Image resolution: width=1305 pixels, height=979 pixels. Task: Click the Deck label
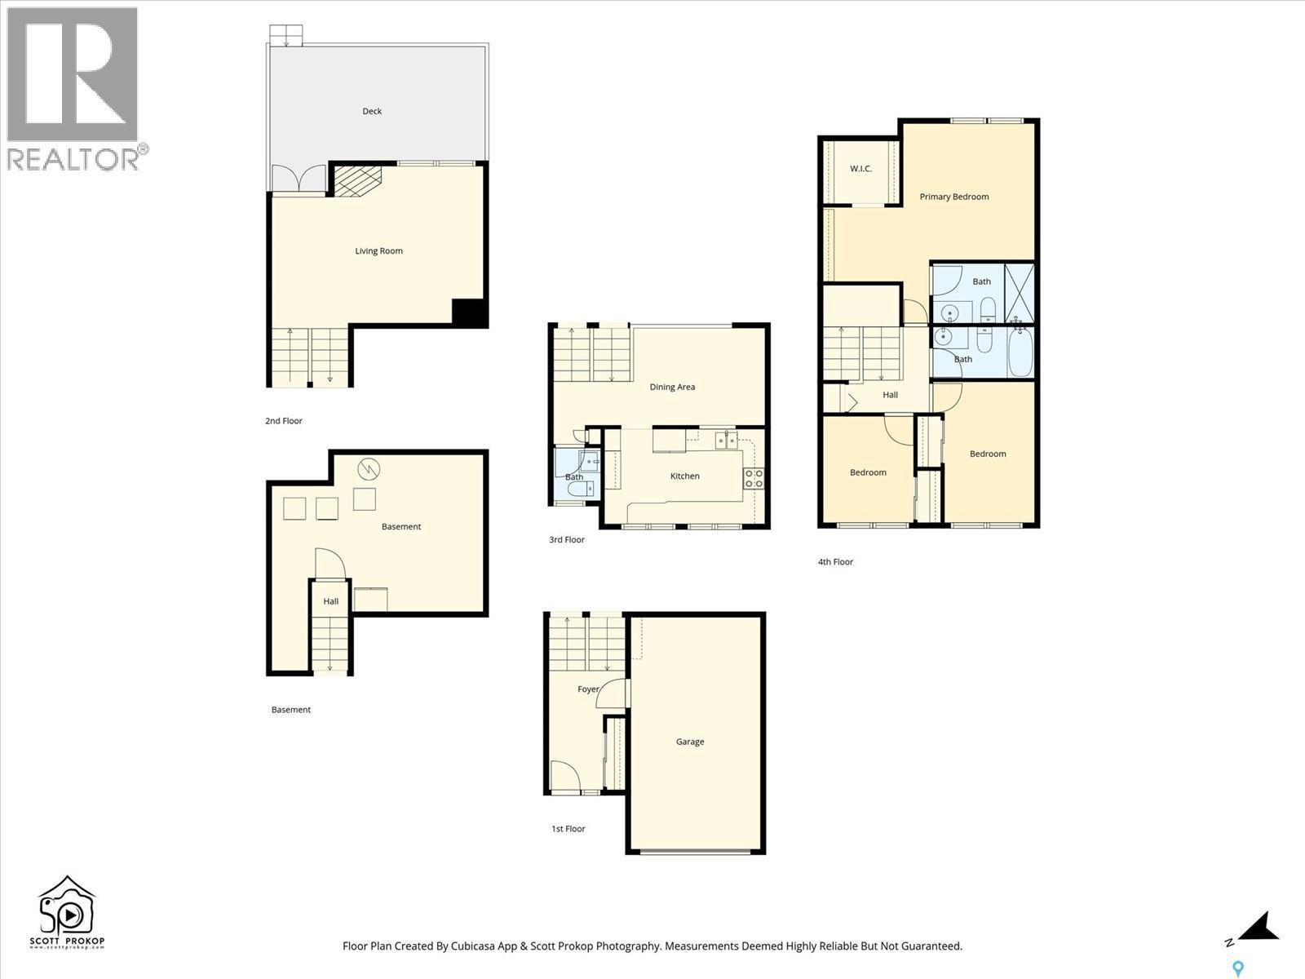pos(372,111)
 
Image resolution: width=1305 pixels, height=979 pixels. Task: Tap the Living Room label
pos(378,250)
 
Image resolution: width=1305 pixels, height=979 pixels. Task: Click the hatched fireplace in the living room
pos(357,180)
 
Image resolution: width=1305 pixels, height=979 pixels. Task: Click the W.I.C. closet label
pos(861,169)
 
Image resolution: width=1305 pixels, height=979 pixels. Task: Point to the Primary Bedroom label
pos(954,197)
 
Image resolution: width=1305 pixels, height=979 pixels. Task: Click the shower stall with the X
pos(1020,292)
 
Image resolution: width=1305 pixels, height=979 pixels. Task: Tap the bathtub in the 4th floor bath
pos(1020,353)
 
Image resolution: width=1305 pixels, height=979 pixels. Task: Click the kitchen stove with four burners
pos(754,478)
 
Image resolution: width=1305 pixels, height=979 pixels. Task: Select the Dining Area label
pos(672,387)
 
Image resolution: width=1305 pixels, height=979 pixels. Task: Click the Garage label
pos(690,742)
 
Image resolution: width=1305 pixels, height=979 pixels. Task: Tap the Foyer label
pos(588,689)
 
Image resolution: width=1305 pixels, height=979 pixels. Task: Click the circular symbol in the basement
pos(368,468)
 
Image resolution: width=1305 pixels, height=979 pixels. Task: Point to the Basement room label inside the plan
pos(401,526)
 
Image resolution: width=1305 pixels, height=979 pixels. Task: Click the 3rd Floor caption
pos(567,539)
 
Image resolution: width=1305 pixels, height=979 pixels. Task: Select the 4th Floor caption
pos(835,561)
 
